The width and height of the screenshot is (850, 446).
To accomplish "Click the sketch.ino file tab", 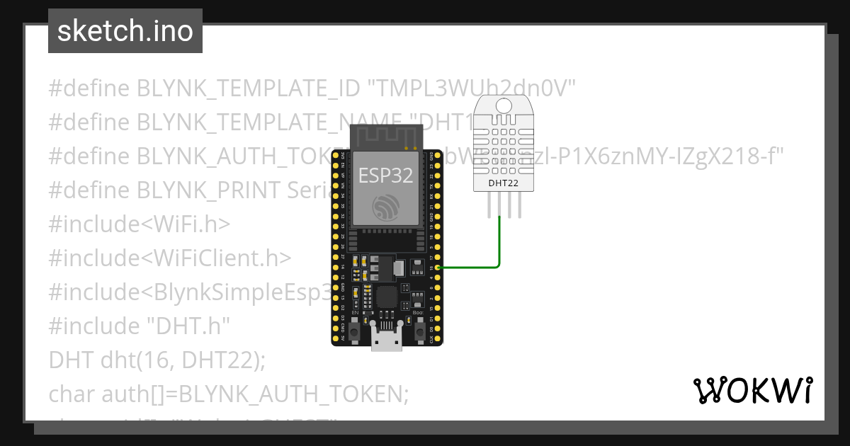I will (125, 31).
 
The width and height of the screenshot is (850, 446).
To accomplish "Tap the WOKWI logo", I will (752, 390).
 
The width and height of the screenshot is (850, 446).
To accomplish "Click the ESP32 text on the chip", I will (385, 175).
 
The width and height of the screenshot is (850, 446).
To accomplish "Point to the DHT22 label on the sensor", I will (504, 183).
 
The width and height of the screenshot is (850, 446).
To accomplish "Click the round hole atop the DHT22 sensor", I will (504, 106).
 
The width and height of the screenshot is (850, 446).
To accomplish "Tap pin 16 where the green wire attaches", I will (439, 268).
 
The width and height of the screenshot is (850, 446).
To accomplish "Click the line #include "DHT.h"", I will (140, 326).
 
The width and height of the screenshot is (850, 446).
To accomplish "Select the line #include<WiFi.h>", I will (140, 224).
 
